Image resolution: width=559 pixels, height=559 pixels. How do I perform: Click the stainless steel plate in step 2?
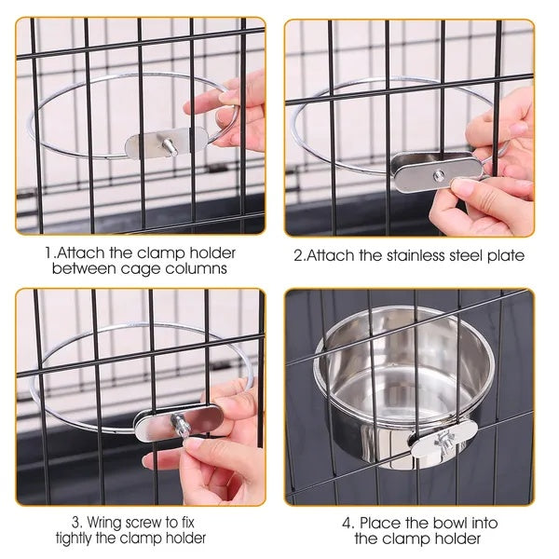coord(436,171)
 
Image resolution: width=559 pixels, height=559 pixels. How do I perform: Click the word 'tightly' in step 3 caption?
coord(81,539)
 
